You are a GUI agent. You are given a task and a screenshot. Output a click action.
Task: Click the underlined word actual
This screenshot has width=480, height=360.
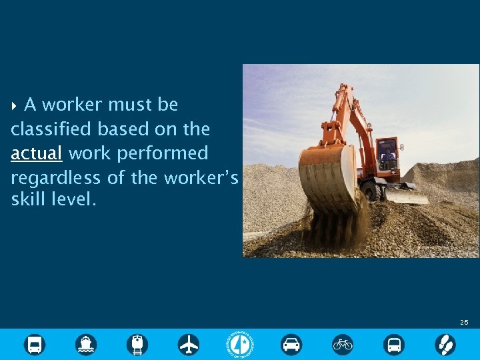[37, 153]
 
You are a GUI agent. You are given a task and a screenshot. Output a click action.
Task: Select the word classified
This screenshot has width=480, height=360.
[52, 129]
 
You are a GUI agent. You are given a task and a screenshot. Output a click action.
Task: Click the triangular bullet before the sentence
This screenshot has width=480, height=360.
[15, 105]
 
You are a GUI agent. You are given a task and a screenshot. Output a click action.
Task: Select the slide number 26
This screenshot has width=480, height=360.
[464, 322]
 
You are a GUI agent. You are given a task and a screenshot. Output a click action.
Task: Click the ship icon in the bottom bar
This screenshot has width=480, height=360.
[86, 344]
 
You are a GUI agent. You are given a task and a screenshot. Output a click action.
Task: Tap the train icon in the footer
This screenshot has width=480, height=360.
[137, 344]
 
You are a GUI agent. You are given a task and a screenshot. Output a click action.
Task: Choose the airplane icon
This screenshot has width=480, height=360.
[189, 344]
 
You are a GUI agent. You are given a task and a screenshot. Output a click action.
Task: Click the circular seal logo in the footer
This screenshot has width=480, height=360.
[240, 344]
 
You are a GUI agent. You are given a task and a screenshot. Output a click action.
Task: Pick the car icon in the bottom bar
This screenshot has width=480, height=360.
[291, 344]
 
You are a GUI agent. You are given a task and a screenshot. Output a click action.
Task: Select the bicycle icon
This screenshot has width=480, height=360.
[343, 344]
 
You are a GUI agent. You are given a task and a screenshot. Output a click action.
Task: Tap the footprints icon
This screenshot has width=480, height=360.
[445, 344]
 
